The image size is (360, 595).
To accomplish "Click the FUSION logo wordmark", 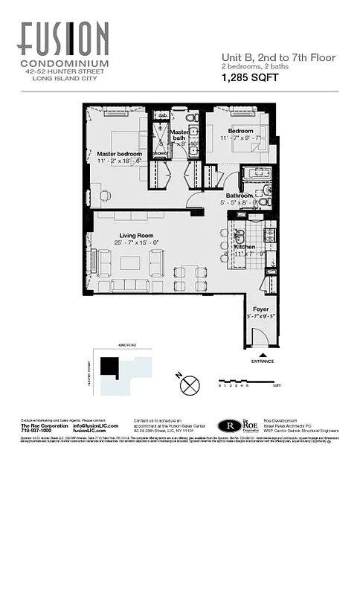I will pyautogui.click(x=64, y=39).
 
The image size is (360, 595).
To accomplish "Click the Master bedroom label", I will pyautogui.click(x=119, y=154).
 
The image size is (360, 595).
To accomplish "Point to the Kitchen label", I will pyautogui.click(x=245, y=246).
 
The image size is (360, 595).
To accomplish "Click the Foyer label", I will pyautogui.click(x=262, y=308).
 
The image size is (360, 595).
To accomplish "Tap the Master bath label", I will pyautogui.click(x=180, y=134).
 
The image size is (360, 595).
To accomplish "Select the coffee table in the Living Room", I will pyautogui.click(x=130, y=263).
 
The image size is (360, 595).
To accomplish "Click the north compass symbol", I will pyautogui.click(x=191, y=385).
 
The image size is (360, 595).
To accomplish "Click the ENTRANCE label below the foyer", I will pyautogui.click(x=262, y=361).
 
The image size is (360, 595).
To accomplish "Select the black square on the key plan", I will pyautogui.click(x=110, y=367).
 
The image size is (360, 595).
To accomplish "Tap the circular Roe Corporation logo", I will pyautogui.click(x=229, y=426).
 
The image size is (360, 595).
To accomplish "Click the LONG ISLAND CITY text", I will pyautogui.click(x=64, y=80).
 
